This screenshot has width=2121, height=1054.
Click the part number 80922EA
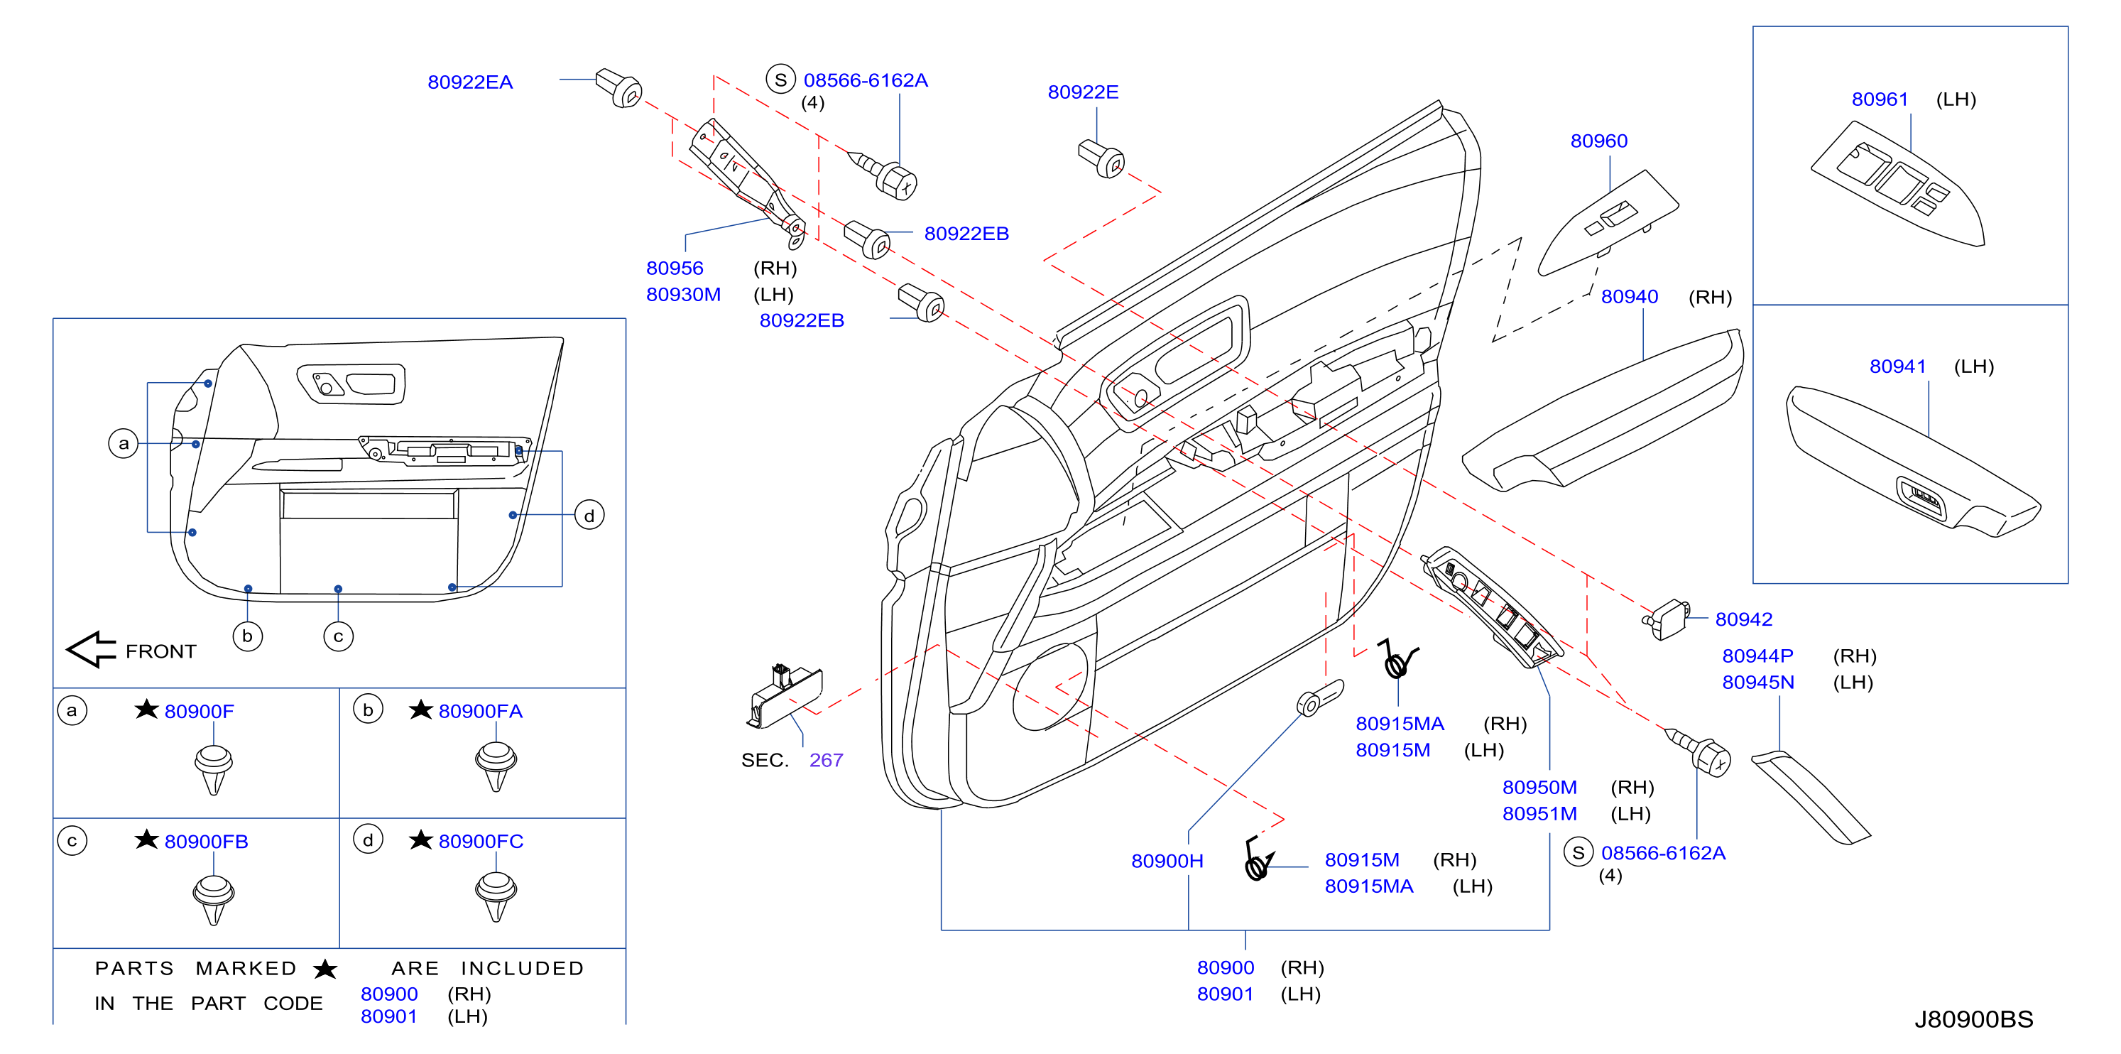(470, 82)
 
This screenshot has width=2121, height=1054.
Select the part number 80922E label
(1083, 92)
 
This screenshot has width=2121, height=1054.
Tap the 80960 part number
(1598, 141)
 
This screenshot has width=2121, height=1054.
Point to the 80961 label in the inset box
(1880, 99)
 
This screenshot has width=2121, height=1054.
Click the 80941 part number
(1898, 366)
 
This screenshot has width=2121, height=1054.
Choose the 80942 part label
(1744, 619)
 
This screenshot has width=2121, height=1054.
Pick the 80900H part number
(1167, 862)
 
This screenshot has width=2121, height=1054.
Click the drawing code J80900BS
(1973, 1019)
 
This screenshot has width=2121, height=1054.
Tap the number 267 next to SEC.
(826, 760)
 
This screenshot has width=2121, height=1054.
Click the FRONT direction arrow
(92, 650)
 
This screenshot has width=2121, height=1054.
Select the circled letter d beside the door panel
(589, 516)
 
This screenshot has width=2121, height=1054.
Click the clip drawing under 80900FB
(213, 900)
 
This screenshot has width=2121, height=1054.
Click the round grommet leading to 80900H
(1319, 698)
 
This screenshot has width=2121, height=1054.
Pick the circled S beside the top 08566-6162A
(780, 80)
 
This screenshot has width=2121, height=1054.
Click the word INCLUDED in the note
(522, 968)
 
